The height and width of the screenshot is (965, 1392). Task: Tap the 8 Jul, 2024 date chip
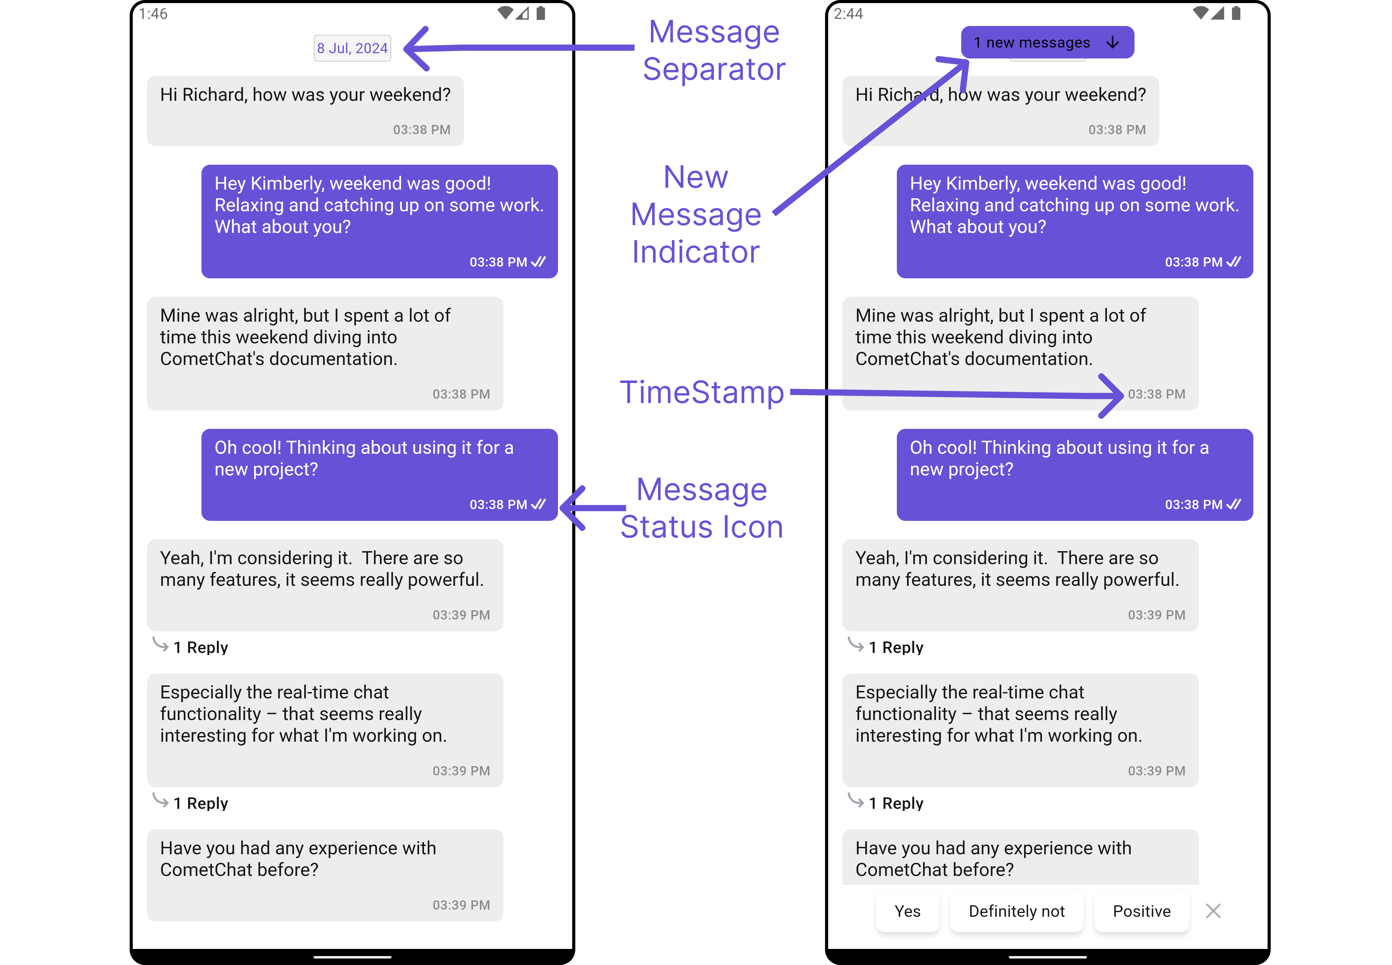(x=352, y=48)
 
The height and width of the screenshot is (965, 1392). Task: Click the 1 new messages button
(x=1047, y=42)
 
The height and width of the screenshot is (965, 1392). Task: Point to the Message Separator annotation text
(x=714, y=50)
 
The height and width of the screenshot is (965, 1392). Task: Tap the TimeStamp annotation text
(x=702, y=392)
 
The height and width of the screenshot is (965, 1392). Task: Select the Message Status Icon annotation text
(x=702, y=508)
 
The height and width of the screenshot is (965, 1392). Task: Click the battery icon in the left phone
(x=541, y=13)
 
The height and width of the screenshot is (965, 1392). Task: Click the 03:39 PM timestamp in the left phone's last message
(x=461, y=905)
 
